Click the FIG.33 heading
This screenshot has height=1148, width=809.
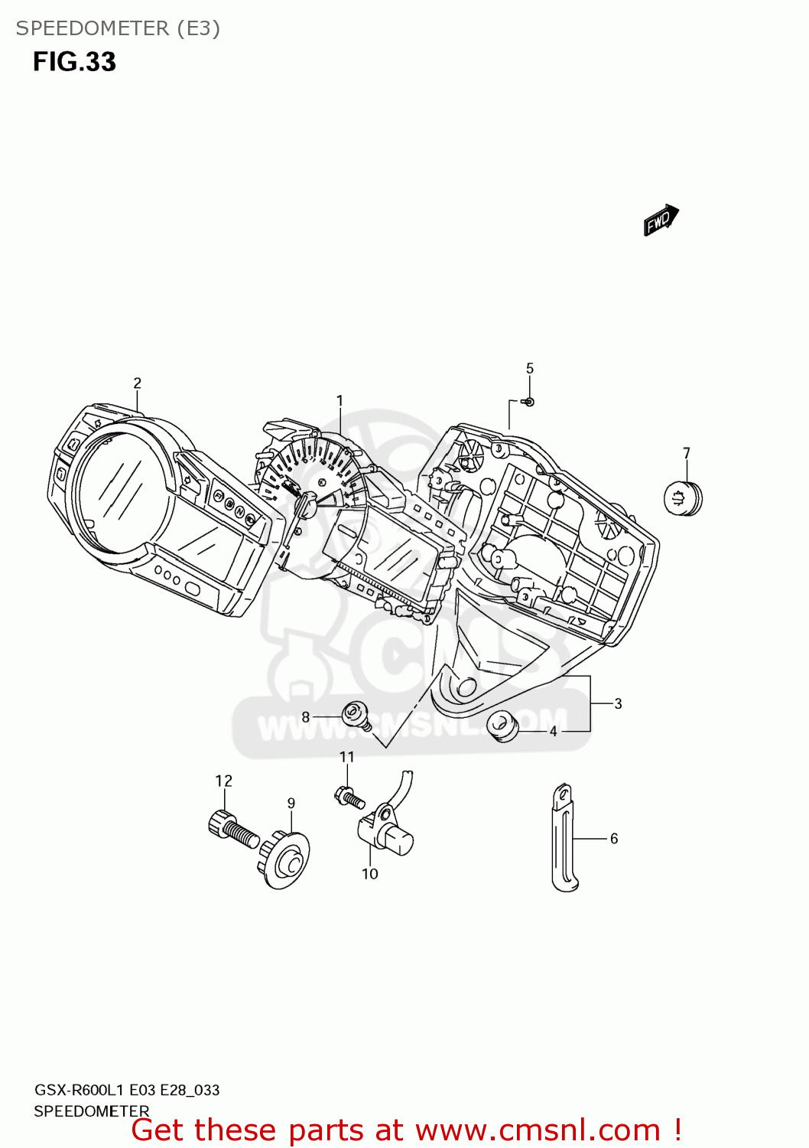pos(74,62)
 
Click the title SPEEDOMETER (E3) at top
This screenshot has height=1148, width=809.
pos(118,28)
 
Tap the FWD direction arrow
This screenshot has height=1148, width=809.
pos(661,220)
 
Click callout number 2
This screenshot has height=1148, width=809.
pos(137,383)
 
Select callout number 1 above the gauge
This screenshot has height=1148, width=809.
pos(340,401)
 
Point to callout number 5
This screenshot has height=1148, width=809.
pos(530,369)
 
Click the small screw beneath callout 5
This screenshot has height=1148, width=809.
pos(528,402)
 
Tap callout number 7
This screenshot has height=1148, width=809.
pos(687,453)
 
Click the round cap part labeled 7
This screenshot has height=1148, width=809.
pos(682,498)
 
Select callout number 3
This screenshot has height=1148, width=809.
pos(618,704)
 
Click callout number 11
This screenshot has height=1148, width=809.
pos(347,757)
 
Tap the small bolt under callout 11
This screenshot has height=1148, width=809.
pos(349,797)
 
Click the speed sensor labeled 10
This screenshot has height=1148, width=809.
pos(387,832)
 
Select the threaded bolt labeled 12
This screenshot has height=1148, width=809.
pos(232,830)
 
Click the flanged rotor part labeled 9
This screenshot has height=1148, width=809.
pos(286,861)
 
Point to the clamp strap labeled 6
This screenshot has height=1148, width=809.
pos(564,839)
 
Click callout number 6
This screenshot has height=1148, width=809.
pos(614,839)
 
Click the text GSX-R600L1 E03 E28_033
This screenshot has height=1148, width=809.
pos(127,1090)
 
